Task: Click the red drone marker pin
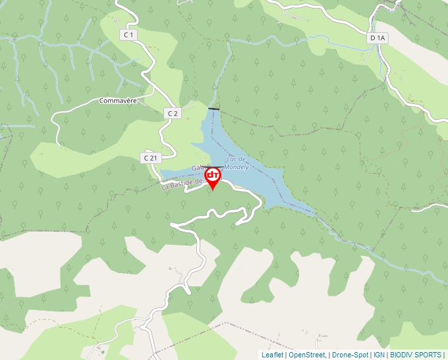pos(213,177)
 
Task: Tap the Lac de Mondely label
pos(236,163)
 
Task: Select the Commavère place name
pos(117,101)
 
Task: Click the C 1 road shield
pos(128,34)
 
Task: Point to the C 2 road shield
pos(172,113)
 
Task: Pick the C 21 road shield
pos(150,157)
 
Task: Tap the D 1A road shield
pos(378,38)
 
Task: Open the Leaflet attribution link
pos(272,355)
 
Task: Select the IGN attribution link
pos(379,355)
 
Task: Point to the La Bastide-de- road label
pos(182,182)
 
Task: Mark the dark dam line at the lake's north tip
pos(213,108)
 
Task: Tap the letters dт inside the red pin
pos(213,175)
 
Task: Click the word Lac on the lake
pos(231,159)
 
